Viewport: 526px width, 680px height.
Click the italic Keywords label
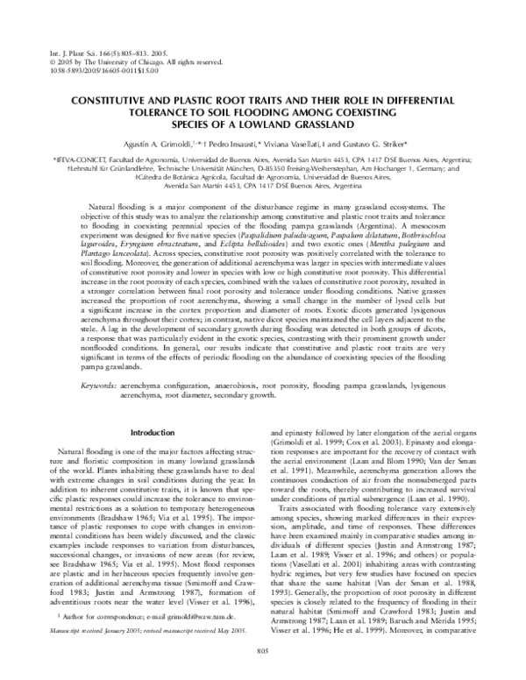99,386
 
